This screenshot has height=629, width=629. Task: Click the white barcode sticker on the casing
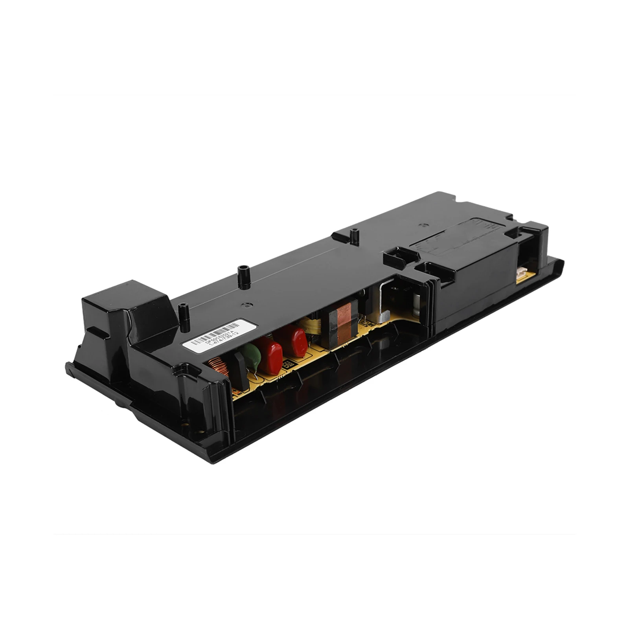pos(220,335)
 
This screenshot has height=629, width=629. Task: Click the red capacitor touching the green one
pos(270,356)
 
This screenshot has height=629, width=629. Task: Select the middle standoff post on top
pos(244,277)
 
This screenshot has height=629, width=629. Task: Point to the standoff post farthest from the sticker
pos(354,237)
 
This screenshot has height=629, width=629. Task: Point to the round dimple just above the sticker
pos(246,304)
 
